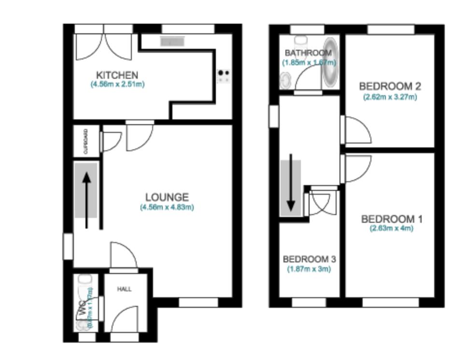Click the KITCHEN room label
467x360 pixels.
click(117, 75)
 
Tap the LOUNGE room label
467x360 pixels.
click(167, 197)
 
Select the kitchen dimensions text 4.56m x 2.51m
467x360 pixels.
click(117, 84)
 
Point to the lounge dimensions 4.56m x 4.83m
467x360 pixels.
click(167, 207)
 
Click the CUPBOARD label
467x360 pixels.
click(86, 141)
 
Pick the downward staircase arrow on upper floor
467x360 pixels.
click(291, 183)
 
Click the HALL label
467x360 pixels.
click(124, 289)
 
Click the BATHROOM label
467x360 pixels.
click(308, 53)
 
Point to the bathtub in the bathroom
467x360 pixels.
click(330, 63)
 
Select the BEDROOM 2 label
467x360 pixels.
click(390, 86)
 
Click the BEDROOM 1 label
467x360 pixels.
click(392, 219)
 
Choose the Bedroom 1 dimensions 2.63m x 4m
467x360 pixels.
click(392, 229)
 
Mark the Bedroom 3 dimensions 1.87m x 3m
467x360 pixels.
click(309, 269)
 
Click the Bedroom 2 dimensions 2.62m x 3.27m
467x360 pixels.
click(390, 97)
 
